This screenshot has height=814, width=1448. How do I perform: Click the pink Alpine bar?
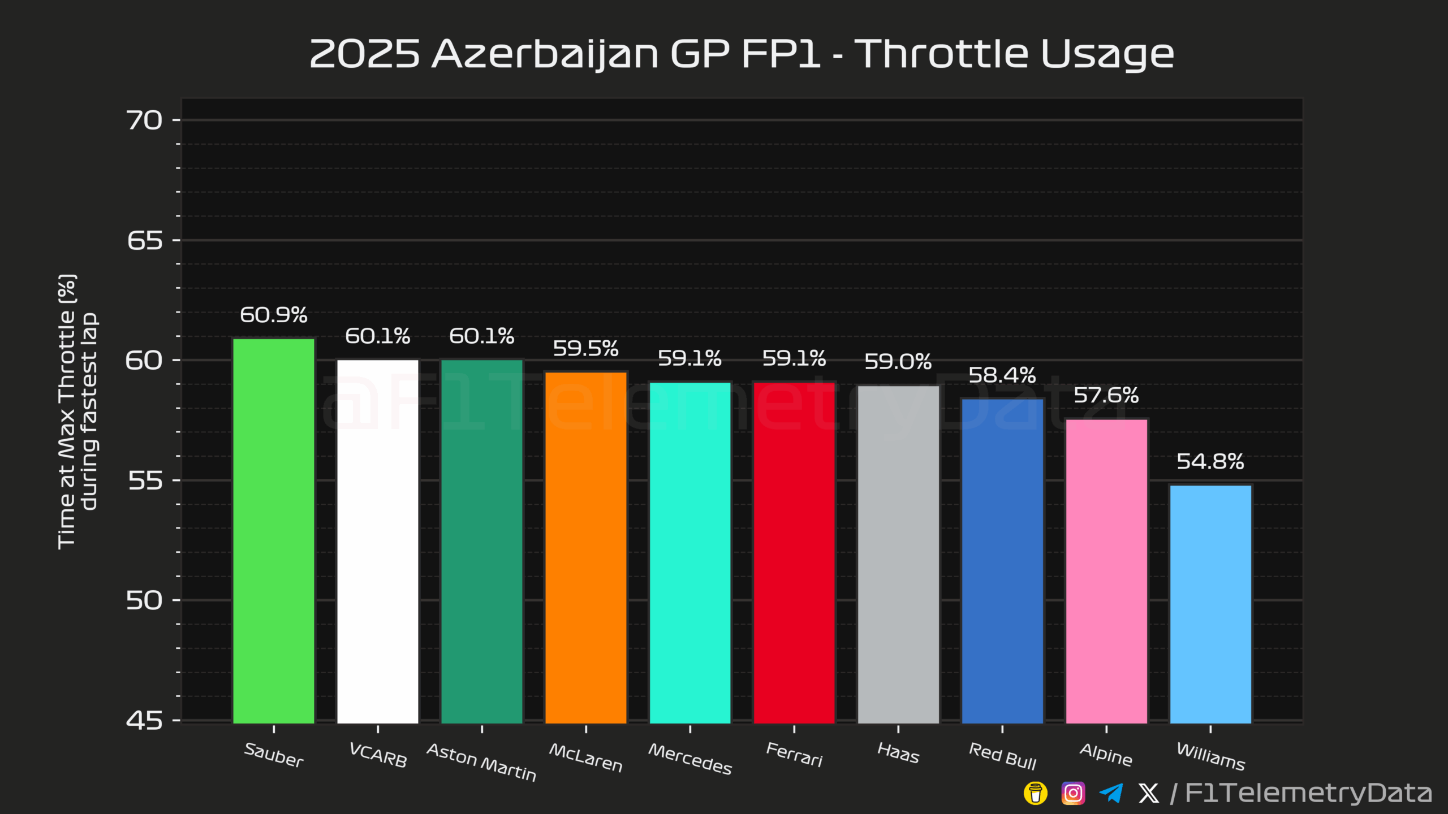point(1106,571)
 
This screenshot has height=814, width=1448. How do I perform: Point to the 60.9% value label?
point(274,315)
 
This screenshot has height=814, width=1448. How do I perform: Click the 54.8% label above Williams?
point(1210,461)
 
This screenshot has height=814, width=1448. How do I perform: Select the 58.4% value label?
point(1002,375)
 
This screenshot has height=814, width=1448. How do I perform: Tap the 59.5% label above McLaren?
point(586,348)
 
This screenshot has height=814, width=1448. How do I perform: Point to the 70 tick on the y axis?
point(144,120)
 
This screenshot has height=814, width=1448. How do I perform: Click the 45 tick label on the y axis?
point(144,721)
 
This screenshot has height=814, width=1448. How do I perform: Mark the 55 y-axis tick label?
point(144,480)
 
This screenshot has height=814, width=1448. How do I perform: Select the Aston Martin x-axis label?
point(481,762)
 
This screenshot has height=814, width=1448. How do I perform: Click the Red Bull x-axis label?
point(1002,756)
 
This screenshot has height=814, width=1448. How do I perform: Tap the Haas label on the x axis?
point(898,753)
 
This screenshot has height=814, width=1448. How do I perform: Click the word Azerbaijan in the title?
point(545,54)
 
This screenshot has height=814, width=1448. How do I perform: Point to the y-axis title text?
point(77,411)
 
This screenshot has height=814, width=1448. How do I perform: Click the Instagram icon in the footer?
point(1073,793)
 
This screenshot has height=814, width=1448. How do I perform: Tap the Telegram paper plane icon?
point(1111,793)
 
